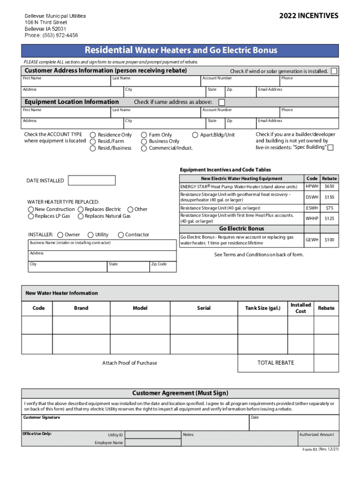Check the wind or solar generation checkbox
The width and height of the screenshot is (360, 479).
334,71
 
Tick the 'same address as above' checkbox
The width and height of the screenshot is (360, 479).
222,102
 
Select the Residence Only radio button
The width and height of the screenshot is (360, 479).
93,135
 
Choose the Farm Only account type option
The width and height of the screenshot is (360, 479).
144,135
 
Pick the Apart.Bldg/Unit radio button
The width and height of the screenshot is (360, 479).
195,135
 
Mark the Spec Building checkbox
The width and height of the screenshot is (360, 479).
331,148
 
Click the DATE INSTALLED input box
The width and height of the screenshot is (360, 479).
92,181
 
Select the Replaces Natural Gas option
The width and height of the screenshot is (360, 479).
81,216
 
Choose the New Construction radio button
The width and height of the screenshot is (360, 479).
31,210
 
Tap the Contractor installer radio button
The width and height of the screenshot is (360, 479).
121,235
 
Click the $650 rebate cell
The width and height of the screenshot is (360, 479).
330,186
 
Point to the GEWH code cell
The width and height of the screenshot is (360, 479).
312,239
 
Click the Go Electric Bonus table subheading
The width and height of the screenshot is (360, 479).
241,229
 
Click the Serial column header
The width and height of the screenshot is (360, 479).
204,308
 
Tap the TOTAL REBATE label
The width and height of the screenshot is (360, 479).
276,363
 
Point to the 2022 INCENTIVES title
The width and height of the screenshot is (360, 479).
309,16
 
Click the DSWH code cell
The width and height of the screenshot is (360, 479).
312,197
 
